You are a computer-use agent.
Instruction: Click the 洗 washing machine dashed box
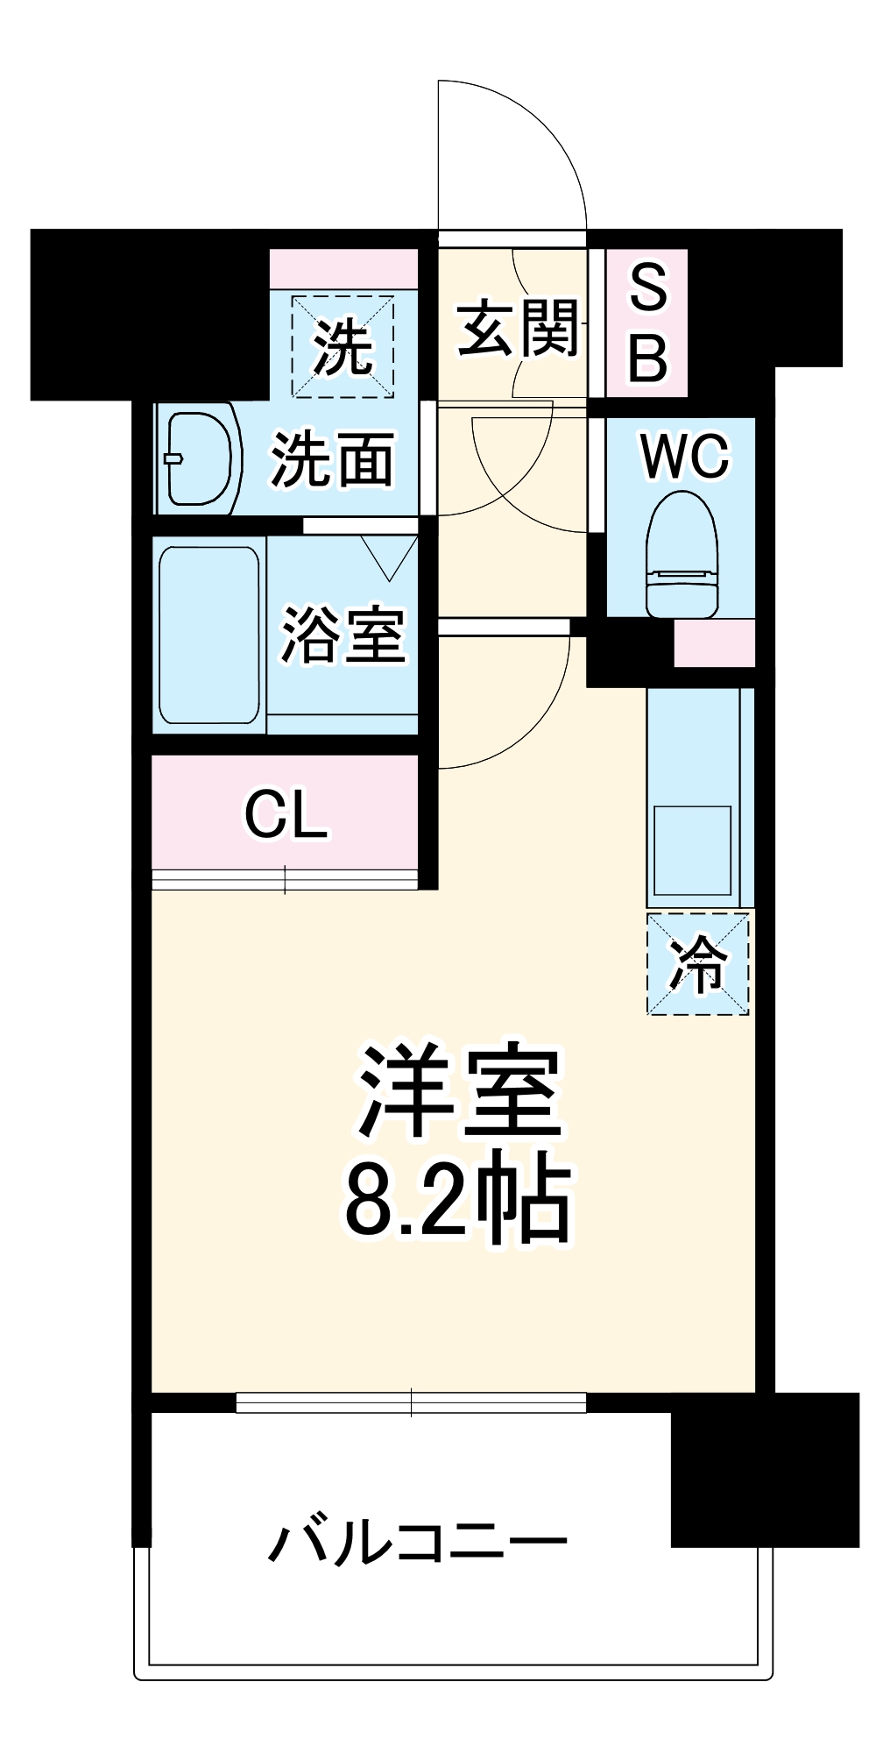[343, 346]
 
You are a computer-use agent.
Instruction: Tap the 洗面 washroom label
[331, 459]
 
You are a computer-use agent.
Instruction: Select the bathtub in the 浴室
[209, 635]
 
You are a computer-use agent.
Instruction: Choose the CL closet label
[286, 815]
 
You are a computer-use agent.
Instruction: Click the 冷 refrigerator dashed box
[698, 964]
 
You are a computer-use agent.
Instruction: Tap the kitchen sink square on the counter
[692, 850]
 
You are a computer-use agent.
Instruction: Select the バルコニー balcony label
[417, 1542]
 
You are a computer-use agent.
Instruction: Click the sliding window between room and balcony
[411, 1402]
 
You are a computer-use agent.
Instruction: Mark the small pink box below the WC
[714, 642]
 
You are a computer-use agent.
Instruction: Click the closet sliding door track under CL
[285, 879]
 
